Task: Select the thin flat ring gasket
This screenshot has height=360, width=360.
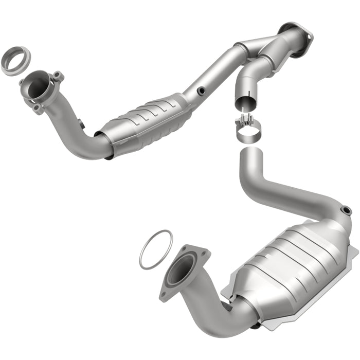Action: pyautogui.click(x=155, y=249)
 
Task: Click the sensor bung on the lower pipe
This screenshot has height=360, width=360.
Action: pyautogui.click(x=346, y=210)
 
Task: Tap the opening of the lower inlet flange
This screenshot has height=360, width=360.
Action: pyautogui.click(x=181, y=270)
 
